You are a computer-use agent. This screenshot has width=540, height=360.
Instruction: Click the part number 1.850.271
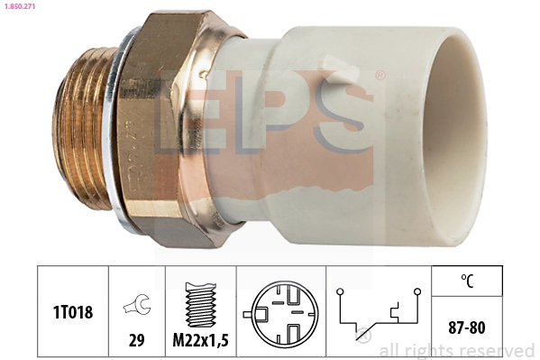point(22,7)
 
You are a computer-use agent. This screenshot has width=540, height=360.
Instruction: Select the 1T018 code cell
point(72,310)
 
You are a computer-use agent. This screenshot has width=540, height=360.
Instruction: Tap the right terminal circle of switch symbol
point(417,291)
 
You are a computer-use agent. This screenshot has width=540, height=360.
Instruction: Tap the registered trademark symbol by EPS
point(380,76)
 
